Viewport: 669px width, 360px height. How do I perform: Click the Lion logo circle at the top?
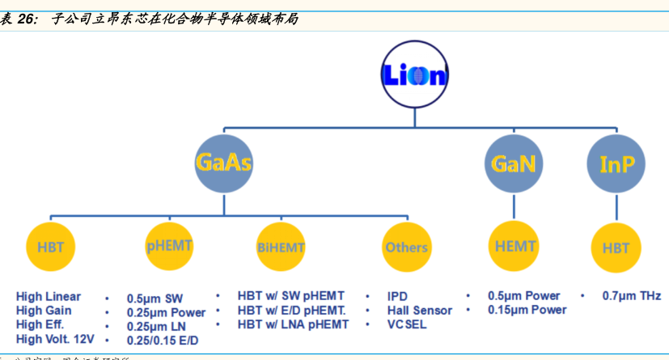(414, 75)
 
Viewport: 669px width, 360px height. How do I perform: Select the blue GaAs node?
(223, 163)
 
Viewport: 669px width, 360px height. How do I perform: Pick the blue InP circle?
(616, 163)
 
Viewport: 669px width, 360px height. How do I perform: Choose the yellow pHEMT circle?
(170, 245)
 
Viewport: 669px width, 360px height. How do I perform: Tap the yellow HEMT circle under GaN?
(514, 245)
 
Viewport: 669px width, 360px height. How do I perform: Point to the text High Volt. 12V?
(55, 339)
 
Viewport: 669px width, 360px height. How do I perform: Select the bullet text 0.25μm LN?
(156, 326)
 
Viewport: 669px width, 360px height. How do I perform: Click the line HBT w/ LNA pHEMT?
(293, 324)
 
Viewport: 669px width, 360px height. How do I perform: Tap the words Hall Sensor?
(420, 311)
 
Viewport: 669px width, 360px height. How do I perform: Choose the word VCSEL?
(407, 324)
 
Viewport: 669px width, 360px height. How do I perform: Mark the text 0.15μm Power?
(527, 310)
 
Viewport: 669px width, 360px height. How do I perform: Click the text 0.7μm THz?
(632, 296)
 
